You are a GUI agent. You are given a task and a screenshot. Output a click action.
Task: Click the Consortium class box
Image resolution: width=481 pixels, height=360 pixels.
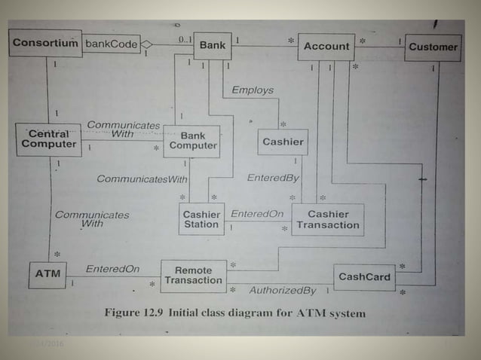45,44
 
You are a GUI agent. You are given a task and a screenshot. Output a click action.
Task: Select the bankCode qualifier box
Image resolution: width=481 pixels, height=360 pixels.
111,44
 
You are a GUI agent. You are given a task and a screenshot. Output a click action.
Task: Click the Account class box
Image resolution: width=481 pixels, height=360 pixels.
326,47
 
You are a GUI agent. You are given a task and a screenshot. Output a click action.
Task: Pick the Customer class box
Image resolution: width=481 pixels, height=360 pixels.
433,47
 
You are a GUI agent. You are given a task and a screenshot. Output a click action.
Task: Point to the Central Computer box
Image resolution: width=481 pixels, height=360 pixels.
48,139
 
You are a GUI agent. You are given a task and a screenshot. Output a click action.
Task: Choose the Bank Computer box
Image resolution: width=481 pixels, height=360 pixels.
192,141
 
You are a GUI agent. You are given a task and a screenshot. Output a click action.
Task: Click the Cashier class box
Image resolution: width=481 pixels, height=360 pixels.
283,142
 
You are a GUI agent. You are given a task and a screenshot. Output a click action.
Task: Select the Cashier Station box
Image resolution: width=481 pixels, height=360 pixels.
201,219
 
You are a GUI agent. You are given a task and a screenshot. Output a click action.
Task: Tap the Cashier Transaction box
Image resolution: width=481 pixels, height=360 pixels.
327,219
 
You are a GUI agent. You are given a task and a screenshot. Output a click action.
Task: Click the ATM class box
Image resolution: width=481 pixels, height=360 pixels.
47,274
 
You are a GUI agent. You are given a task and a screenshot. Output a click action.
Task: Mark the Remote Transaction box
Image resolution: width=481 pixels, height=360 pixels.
193,276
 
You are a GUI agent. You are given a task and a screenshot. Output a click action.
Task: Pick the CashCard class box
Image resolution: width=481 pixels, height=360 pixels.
364,277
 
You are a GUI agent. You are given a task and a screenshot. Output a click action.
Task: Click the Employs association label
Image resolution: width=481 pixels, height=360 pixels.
253,90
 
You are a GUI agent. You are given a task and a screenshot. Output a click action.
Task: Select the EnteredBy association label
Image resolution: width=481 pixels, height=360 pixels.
273,178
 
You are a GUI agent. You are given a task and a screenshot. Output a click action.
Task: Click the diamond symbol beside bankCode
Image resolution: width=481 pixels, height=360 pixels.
147,44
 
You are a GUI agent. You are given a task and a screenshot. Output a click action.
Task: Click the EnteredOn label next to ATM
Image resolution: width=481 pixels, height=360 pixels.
112,269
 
